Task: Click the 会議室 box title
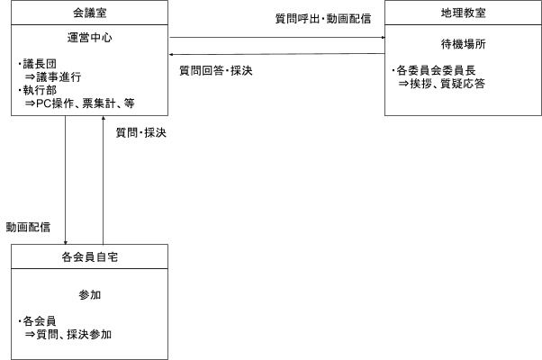coord(89,13)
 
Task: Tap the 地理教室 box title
coord(463,13)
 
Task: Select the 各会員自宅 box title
coord(89,256)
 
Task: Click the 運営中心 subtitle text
coord(89,37)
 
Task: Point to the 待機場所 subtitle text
coord(463,44)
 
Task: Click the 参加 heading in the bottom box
coord(89,294)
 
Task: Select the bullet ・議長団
coord(37,64)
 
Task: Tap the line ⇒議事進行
coord(53,76)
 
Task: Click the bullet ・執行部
coord(37,90)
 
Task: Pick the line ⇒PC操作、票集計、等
coord(79,103)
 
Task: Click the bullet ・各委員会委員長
coord(433,70)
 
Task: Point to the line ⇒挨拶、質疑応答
coord(441,84)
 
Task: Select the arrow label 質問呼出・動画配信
coord(323,18)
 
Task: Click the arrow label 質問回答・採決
coord(216,70)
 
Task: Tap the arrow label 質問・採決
coord(140,132)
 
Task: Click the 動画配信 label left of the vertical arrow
coord(28,227)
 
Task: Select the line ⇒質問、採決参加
coord(68,334)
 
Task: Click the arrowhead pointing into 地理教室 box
coord(383,37)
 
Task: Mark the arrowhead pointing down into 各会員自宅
coord(66,242)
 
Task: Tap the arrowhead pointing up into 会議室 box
coord(103,118)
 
